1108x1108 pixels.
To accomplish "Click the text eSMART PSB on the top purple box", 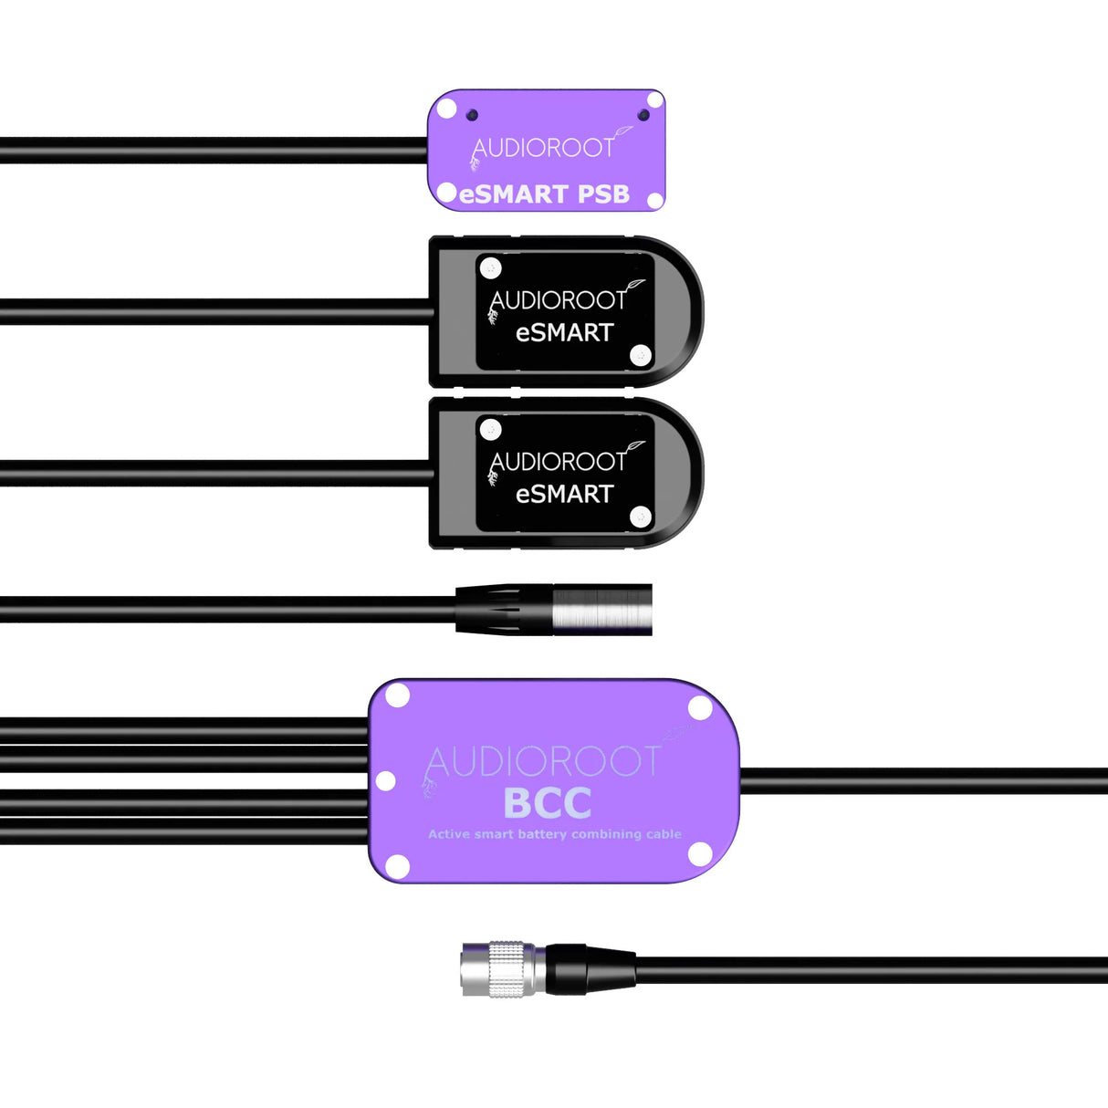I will tap(545, 194).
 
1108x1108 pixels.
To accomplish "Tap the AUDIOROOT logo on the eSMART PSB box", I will tap(544, 148).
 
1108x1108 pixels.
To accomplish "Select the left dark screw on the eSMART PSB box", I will tap(472, 115).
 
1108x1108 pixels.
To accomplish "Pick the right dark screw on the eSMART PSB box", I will tap(643, 115).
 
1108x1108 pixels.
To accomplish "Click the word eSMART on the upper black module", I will tap(564, 333).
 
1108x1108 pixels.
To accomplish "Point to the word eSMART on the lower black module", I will tap(564, 495).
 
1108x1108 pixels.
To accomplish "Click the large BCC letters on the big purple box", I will tap(548, 803).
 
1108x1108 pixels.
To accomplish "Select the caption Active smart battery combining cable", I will tap(555, 834).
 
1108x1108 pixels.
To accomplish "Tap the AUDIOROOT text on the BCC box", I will tap(543, 762).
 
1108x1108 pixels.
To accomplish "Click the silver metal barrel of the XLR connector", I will tap(602, 610).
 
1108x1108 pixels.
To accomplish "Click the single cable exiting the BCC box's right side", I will tap(922, 780).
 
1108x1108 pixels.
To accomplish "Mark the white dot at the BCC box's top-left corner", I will tap(398, 696).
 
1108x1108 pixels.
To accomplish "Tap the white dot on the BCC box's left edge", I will tap(386, 780).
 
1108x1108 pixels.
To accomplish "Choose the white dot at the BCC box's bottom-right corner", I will tap(700, 854).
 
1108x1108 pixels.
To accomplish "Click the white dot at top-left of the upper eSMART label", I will tap(491, 267).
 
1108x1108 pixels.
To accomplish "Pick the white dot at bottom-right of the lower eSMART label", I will tap(641, 517).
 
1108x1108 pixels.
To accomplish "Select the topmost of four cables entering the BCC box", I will tap(183, 730).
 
